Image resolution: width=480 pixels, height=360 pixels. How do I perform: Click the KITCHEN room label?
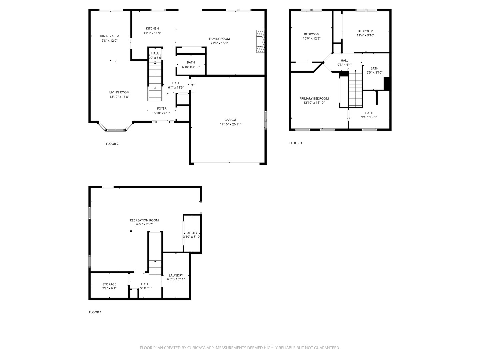pyautogui.click(x=152, y=28)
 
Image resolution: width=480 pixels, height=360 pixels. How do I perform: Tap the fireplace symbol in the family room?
pyautogui.click(x=260, y=41)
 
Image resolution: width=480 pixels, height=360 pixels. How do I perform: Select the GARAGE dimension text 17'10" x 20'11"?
pyautogui.click(x=230, y=124)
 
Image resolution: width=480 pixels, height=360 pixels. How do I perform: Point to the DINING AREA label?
pyautogui.click(x=109, y=36)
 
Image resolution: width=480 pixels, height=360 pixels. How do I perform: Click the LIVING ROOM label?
pyautogui.click(x=119, y=92)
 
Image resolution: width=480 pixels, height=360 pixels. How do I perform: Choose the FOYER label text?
pyautogui.click(x=162, y=108)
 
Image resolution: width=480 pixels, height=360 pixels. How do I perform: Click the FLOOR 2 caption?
pyautogui.click(x=112, y=144)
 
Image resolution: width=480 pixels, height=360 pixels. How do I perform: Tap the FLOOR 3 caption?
pyautogui.click(x=295, y=143)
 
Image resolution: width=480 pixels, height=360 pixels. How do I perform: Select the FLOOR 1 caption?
pyautogui.click(x=95, y=312)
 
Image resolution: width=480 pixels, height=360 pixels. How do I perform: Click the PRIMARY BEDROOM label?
pyautogui.click(x=314, y=99)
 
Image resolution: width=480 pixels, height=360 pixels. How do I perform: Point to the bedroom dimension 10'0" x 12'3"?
pyautogui.click(x=311, y=38)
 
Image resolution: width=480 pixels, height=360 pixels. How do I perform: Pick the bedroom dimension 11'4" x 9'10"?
pyautogui.click(x=365, y=35)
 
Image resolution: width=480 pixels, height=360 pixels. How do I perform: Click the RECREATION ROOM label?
pyautogui.click(x=144, y=220)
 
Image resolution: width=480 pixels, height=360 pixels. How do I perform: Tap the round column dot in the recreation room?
pyautogui.click(x=131, y=231)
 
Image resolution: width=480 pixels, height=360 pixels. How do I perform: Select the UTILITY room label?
pyautogui.click(x=192, y=233)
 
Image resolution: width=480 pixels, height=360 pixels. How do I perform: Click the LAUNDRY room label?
pyautogui.click(x=176, y=275)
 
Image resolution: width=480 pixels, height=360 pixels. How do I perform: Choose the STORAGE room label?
pyautogui.click(x=109, y=284)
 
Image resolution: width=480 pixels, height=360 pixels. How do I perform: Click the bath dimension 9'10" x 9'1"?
pyautogui.click(x=369, y=117)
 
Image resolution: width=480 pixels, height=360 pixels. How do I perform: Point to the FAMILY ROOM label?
pyautogui.click(x=219, y=39)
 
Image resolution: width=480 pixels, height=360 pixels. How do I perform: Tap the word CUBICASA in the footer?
pyautogui.click(x=196, y=348)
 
